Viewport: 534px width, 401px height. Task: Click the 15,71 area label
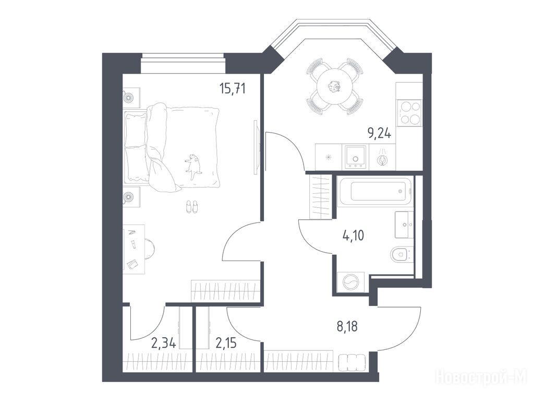pyautogui.click(x=233, y=89)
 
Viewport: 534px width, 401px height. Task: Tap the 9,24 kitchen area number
pyautogui.click(x=379, y=133)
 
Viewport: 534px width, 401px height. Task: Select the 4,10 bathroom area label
pyautogui.click(x=353, y=235)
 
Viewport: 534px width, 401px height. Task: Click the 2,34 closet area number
pyautogui.click(x=164, y=343)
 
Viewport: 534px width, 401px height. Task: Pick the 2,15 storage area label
pyautogui.click(x=226, y=343)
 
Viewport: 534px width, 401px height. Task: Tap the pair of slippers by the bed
pyautogui.click(x=191, y=207)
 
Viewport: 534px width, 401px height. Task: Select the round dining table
pyautogui.click(x=334, y=87)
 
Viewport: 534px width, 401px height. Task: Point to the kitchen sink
pyautogui.click(x=356, y=157)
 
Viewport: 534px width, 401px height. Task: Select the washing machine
pyautogui.click(x=350, y=282)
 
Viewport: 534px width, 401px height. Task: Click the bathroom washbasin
pyautogui.click(x=404, y=225)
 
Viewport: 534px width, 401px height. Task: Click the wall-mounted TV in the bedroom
pyautogui.click(x=257, y=147)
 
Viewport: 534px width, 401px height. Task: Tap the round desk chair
pyautogui.click(x=150, y=249)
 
